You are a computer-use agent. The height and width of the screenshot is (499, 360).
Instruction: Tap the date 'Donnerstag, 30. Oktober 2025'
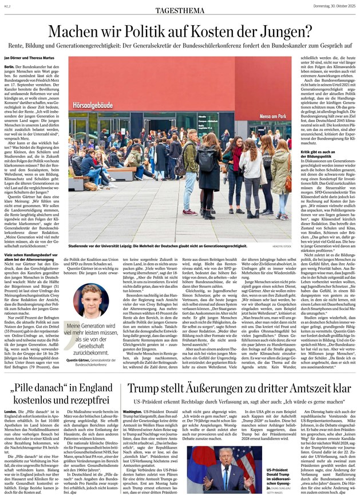pyautogui.click(x=328, y=6)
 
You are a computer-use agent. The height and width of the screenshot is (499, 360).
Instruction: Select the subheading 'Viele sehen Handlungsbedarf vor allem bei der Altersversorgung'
pyautogui.click(x=33, y=256)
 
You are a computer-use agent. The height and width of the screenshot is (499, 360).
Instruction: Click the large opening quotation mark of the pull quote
pyautogui.click(x=70, y=326)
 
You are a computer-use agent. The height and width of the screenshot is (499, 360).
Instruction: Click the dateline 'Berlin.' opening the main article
pyautogui.click(x=9, y=67)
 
